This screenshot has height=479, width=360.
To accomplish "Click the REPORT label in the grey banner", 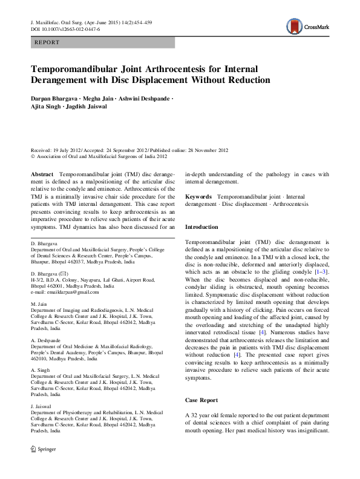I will pos(47,44).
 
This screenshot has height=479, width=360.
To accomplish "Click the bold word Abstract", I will pos(42,174).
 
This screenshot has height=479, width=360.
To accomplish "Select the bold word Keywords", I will pos(198,197).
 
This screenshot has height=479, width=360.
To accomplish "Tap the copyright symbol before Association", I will pos(33,156).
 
